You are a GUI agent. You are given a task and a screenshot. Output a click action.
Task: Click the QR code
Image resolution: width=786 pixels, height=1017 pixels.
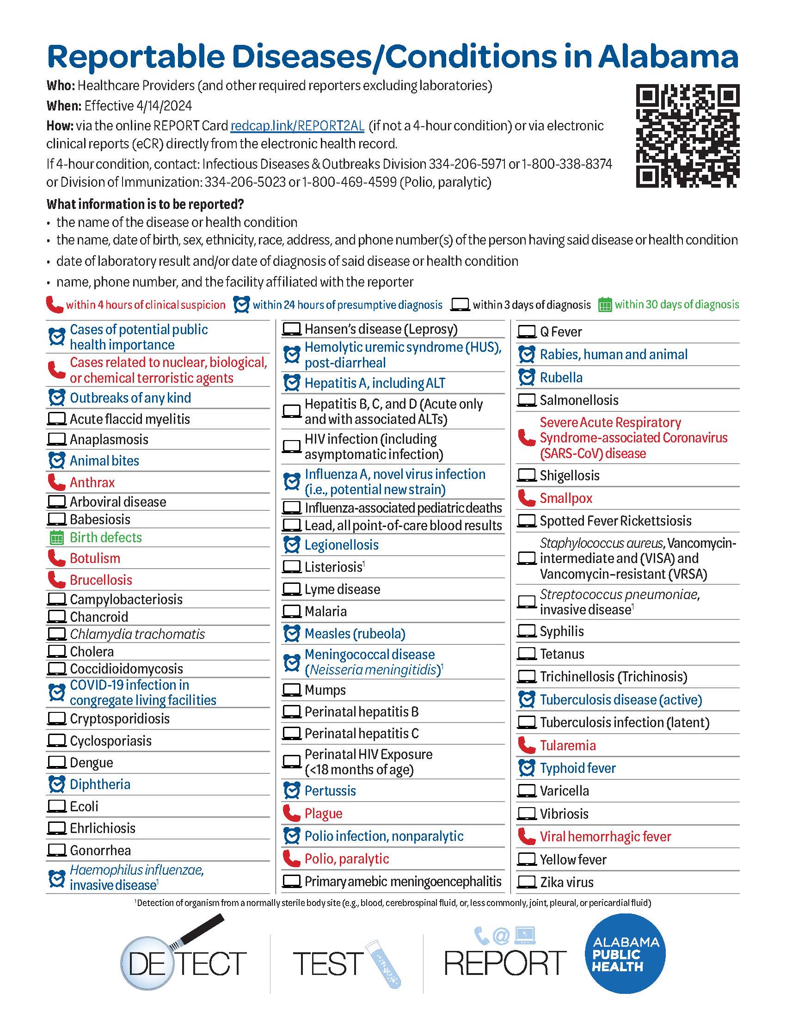pyautogui.click(x=687, y=135)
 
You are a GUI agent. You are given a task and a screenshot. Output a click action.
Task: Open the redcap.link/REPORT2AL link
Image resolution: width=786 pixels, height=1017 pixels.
pyautogui.click(x=297, y=126)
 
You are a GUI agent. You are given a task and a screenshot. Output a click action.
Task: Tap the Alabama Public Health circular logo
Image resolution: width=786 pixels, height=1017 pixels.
pyautogui.click(x=625, y=954)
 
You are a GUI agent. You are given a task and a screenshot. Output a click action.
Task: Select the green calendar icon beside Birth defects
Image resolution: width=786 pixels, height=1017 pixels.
pyautogui.click(x=56, y=538)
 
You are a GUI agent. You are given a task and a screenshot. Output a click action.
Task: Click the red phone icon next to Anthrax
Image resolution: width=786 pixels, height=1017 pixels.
pyautogui.click(x=56, y=483)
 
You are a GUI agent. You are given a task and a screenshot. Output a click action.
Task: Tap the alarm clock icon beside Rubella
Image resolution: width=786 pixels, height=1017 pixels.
pyautogui.click(x=527, y=378)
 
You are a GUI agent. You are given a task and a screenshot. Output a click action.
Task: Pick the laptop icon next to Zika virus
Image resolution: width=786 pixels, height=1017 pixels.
pyautogui.click(x=527, y=882)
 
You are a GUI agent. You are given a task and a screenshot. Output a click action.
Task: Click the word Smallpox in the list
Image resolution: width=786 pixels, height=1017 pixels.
pyautogui.click(x=566, y=498)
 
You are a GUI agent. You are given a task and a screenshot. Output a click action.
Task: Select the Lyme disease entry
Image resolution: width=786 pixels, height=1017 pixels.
pyautogui.click(x=342, y=589)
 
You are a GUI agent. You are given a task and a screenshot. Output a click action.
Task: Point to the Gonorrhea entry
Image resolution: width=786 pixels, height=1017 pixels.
pyautogui.click(x=100, y=850)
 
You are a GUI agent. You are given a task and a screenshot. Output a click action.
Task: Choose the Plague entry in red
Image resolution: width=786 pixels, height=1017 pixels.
pyautogui.click(x=323, y=814)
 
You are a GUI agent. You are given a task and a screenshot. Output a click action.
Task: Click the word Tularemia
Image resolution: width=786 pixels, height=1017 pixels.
pyautogui.click(x=568, y=746)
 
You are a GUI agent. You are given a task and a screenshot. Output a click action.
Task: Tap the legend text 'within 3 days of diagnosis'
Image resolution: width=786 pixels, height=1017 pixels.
pyautogui.click(x=531, y=305)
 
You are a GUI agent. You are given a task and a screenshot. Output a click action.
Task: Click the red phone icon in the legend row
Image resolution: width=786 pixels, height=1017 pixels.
pyautogui.click(x=54, y=305)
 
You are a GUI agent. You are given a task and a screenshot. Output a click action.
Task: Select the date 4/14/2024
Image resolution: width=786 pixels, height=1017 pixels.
pyautogui.click(x=164, y=106)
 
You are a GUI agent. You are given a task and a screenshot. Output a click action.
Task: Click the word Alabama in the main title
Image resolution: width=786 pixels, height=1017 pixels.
pyautogui.click(x=668, y=57)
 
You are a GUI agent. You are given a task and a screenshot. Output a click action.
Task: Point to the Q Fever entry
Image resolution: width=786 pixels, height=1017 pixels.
pyautogui.click(x=561, y=332)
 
